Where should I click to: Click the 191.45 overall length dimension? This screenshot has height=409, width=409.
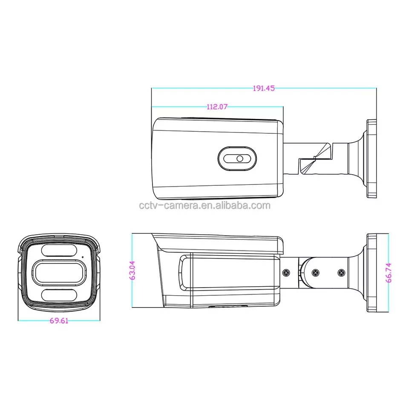click(x=264, y=88)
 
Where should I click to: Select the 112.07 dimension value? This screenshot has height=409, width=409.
click(x=217, y=107)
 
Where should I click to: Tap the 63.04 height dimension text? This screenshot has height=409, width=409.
click(x=132, y=271)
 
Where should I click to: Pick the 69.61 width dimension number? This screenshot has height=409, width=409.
click(x=59, y=321)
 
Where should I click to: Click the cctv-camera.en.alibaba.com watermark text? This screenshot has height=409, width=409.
click(x=204, y=205)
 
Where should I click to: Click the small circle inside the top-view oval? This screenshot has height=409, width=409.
click(x=239, y=158)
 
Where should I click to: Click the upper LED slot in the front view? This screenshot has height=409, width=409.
click(x=58, y=251)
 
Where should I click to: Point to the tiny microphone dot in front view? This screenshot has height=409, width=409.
click(x=82, y=257)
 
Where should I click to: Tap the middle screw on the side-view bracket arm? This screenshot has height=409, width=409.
click(x=315, y=272)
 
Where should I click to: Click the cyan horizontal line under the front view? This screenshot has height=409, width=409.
click(x=59, y=320)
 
